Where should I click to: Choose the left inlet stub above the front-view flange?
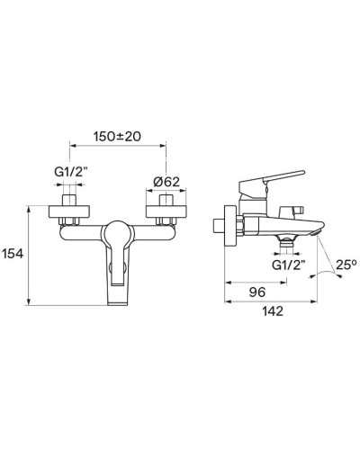(70, 198)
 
